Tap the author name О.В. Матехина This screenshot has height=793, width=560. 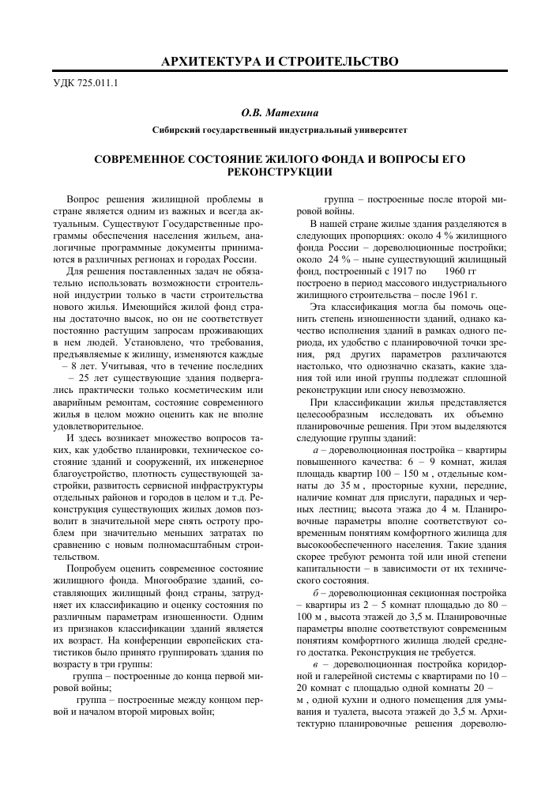click(x=279, y=114)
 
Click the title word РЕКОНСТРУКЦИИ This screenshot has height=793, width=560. click(x=280, y=171)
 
